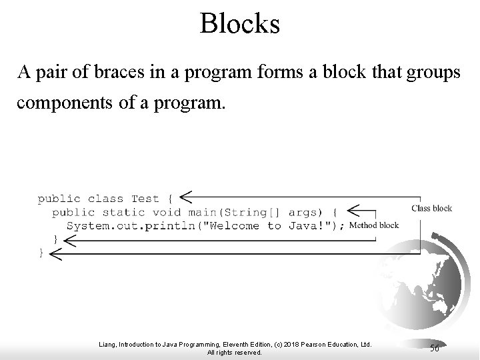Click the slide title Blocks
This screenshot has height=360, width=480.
240,24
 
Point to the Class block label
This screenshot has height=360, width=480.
431,208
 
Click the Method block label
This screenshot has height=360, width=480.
374,225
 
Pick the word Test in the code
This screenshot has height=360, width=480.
145,198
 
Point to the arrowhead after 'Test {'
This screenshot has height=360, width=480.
187,196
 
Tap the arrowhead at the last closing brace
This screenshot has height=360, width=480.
56,253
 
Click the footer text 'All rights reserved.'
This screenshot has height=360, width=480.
234,352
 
